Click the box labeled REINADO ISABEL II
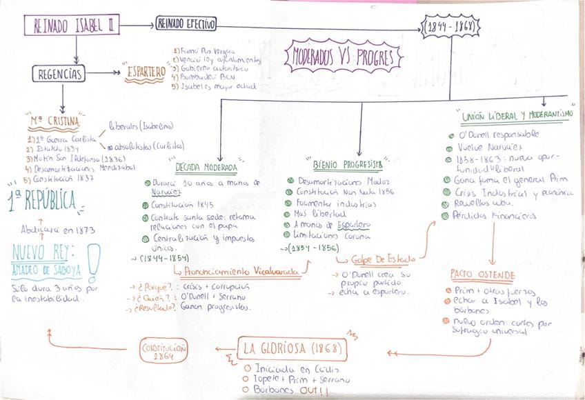point(73,26)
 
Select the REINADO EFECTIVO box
point(186,24)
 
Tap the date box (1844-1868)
point(451,27)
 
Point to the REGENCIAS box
point(59,73)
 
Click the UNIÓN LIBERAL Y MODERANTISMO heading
point(513,115)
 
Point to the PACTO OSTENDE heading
point(482,274)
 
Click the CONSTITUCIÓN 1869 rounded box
point(163,350)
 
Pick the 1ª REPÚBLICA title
point(43,201)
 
